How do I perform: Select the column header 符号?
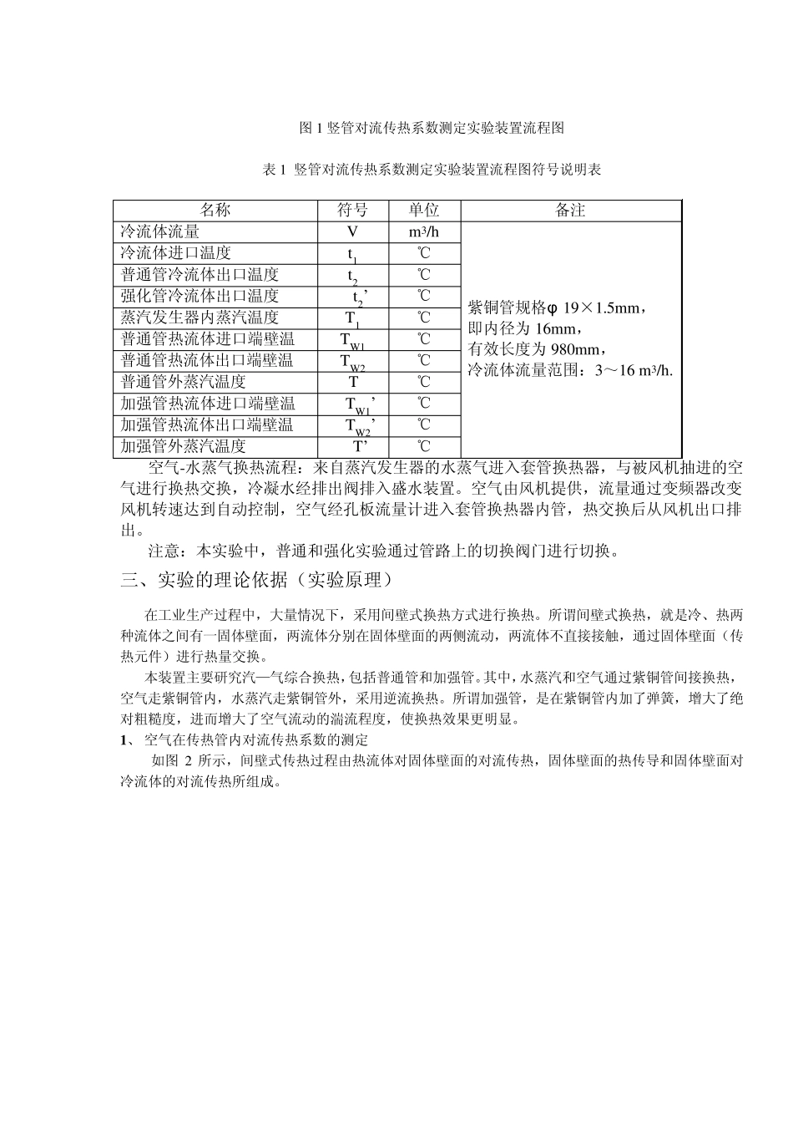coord(352,211)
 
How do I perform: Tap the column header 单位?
coord(423,211)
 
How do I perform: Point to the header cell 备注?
coord(570,211)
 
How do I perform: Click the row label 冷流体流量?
coord(160,231)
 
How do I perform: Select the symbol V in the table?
coord(352,232)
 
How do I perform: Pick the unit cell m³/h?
coord(424,232)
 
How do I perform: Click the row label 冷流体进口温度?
coord(176,253)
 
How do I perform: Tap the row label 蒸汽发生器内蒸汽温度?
coord(200,318)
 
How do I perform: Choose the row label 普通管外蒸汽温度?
coord(184,382)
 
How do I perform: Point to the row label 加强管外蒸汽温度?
coord(184,446)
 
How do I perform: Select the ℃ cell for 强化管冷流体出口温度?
coord(424,297)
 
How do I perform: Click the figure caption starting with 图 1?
coord(432,128)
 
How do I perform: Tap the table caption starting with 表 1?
coord(432,170)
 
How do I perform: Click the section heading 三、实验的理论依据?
coord(257,579)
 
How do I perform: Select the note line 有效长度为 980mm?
coord(538,349)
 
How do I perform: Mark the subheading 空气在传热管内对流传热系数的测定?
coord(255,740)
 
